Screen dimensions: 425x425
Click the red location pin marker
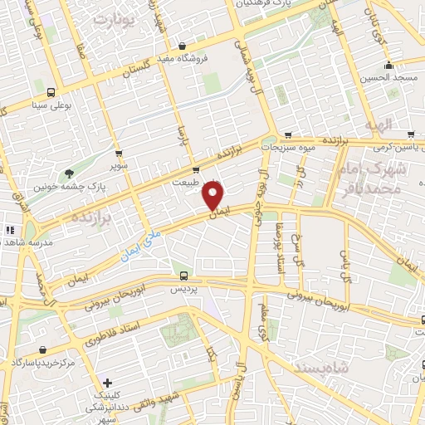(213, 196)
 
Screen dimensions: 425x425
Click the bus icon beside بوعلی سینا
(51, 93)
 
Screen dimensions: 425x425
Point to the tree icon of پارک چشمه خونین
(69, 174)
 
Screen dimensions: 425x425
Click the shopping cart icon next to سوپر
(120, 154)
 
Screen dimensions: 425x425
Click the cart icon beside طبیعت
(196, 171)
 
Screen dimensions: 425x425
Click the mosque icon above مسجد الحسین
(388, 65)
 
